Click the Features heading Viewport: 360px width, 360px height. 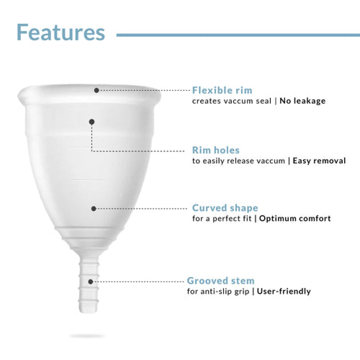click(x=60, y=32)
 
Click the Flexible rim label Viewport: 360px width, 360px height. click(x=222, y=90)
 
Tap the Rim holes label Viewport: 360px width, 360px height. click(x=216, y=150)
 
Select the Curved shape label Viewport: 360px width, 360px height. click(x=225, y=208)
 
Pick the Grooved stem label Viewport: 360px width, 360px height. click(x=221, y=281)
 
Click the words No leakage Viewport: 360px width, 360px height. click(x=302, y=101)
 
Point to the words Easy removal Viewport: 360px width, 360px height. click(x=319, y=161)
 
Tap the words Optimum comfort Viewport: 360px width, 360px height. click(x=295, y=219)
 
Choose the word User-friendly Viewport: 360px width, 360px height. click(x=284, y=291)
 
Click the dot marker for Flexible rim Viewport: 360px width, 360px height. click(x=96, y=90)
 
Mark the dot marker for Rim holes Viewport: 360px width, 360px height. click(x=92, y=122)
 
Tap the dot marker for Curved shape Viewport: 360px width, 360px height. click(x=94, y=208)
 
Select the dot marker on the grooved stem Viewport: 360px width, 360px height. click(x=91, y=282)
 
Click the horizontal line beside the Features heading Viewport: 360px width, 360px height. click(x=238, y=35)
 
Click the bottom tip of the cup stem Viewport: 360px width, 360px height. click(x=87, y=310)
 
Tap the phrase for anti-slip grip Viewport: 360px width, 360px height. click(x=218, y=291)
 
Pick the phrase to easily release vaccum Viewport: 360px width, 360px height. click(x=238, y=161)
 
